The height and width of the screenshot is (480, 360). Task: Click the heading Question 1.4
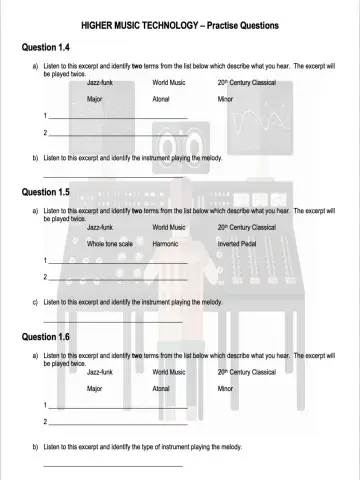click(x=45, y=47)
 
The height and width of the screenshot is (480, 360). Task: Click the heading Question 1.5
click(x=45, y=191)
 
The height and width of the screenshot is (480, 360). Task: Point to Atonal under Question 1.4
click(x=161, y=100)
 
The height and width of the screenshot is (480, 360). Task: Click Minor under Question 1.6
click(x=225, y=387)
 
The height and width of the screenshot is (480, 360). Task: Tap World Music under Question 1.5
click(x=169, y=228)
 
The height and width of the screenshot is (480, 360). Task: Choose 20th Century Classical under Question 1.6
click(x=246, y=372)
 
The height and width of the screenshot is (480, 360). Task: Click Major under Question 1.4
click(x=95, y=100)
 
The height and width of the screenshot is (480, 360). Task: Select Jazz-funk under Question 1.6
click(x=100, y=372)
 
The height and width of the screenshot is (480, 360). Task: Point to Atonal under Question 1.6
click(x=161, y=387)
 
